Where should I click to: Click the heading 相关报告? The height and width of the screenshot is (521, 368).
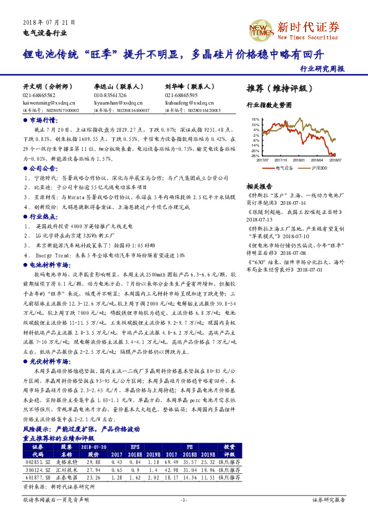pyautogui.click(x=259, y=186)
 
